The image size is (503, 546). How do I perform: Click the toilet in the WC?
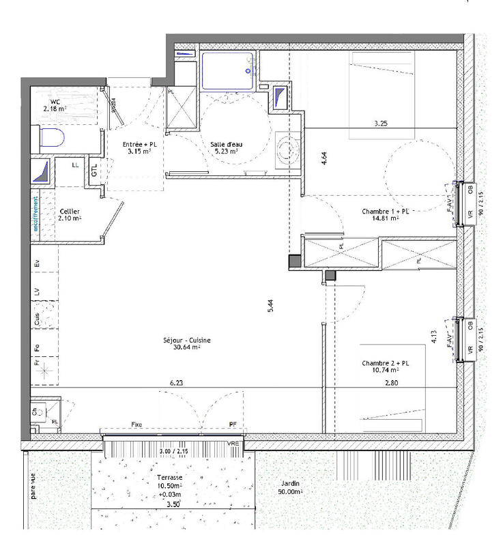tap(52, 139)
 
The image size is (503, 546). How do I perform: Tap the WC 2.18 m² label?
tap(54, 105)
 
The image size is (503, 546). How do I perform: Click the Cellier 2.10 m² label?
tap(71, 215)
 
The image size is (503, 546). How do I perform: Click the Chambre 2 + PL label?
tap(386, 368)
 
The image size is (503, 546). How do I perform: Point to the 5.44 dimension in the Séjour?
tap(271, 306)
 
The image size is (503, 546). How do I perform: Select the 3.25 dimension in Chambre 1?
tap(382, 124)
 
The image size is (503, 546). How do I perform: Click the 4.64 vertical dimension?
tap(324, 160)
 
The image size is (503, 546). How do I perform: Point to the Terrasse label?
tap(168, 478)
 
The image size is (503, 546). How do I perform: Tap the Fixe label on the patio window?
tap(137, 425)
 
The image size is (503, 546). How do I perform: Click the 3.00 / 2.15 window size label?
tap(174, 452)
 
